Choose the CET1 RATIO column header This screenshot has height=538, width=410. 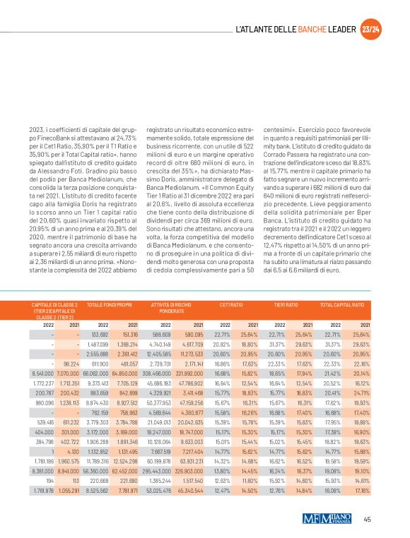232,304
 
